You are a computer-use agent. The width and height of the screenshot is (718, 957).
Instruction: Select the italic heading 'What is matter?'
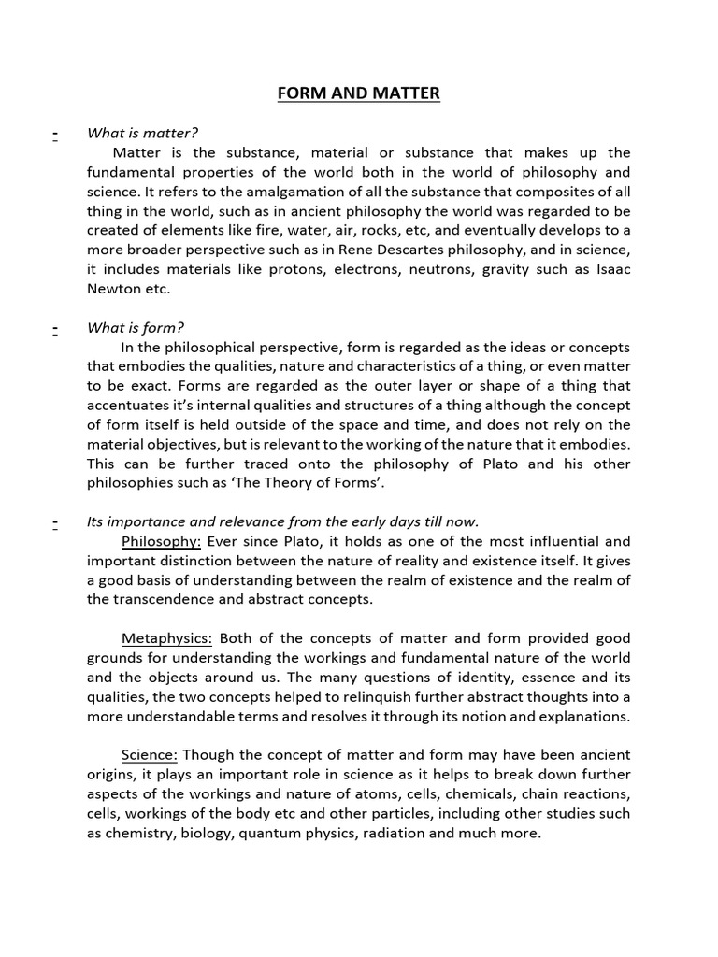click(142, 133)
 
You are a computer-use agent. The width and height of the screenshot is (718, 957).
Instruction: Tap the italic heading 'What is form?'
click(135, 327)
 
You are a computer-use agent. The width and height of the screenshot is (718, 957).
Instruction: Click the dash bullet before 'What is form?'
click(56, 327)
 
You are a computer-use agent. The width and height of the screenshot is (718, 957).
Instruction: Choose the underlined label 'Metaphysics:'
click(167, 638)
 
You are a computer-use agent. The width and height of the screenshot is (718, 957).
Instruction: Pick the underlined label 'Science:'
click(150, 754)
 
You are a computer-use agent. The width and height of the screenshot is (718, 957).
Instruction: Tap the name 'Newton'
click(115, 289)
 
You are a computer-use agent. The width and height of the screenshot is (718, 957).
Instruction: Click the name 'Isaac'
click(611, 269)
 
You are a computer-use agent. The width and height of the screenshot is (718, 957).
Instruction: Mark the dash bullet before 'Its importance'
click(56, 521)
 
